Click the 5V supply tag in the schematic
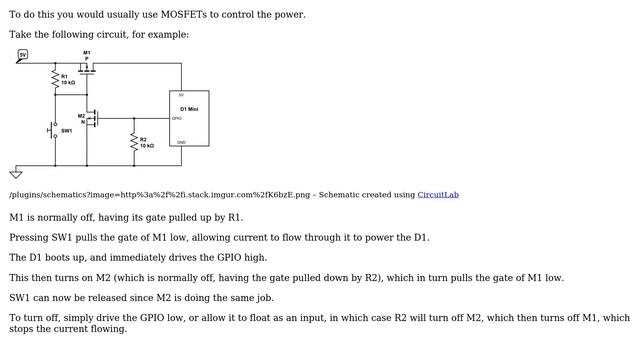click(23, 54)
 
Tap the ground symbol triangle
click(16, 175)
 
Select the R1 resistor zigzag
click(55, 79)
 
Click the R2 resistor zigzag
click(134, 142)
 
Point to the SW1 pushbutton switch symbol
click(53, 130)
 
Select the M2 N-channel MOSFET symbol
click(93, 118)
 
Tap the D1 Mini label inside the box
click(189, 109)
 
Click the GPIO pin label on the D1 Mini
click(177, 118)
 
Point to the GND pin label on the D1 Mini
click(182, 142)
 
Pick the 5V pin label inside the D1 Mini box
click(181, 95)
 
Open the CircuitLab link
click(438, 195)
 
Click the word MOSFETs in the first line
click(184, 15)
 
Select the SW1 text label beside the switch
click(67, 131)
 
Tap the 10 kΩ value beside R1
click(68, 82)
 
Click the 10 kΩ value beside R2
click(147, 146)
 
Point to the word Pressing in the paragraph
click(29, 238)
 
